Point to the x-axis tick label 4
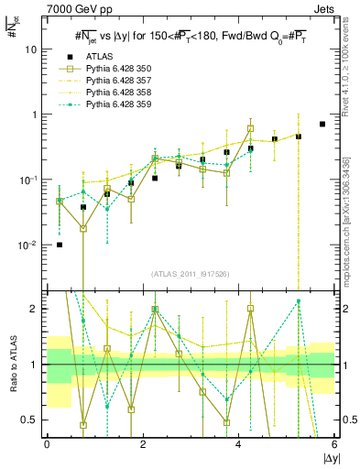[x=238, y=444]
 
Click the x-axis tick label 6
[x=334, y=444]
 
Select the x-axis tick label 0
[x=47, y=444]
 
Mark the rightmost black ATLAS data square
[x=322, y=124]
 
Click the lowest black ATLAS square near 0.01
[x=60, y=245]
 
